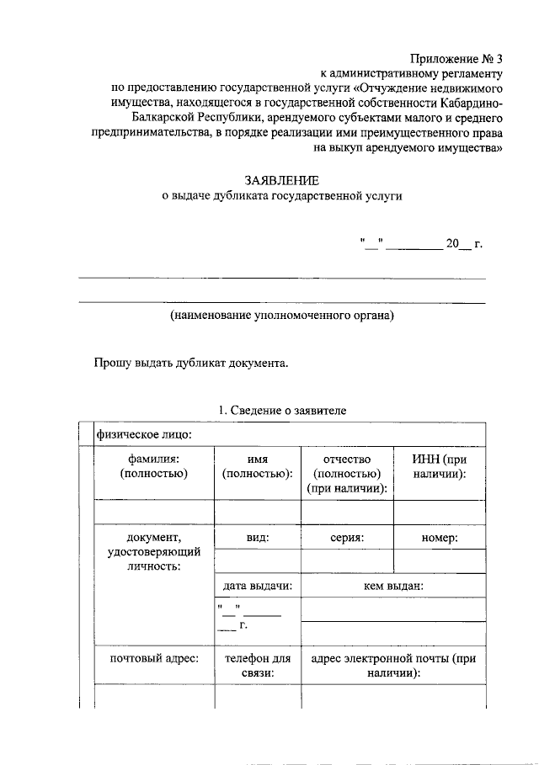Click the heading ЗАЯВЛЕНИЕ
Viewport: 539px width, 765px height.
(281, 180)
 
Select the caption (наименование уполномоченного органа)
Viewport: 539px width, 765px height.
(281, 316)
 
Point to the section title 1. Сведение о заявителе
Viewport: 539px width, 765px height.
(281, 410)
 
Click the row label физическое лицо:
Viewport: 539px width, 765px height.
(144, 434)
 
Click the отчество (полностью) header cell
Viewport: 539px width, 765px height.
(347, 473)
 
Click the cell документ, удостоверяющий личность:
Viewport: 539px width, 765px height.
(154, 552)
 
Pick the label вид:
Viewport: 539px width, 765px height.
(258, 537)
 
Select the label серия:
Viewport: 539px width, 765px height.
(347, 537)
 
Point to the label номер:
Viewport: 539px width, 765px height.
(439, 537)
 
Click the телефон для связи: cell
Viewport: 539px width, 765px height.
(258, 666)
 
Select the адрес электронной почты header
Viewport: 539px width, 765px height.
(393, 666)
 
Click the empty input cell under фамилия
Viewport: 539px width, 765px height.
(154, 512)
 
